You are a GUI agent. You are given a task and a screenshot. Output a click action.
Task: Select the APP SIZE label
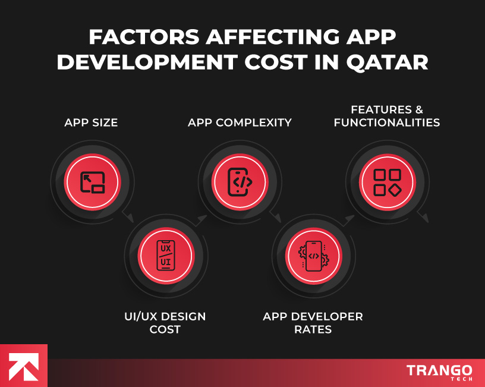click(x=91, y=123)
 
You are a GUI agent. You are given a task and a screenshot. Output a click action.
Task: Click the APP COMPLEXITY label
click(x=240, y=123)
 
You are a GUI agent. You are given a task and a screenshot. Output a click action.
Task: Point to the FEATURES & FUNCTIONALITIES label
click(x=386, y=117)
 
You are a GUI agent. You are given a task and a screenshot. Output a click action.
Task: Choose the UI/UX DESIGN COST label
click(x=165, y=322)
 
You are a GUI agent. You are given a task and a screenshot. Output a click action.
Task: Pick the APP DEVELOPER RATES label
click(x=313, y=322)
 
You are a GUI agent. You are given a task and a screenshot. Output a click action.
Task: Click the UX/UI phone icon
click(x=166, y=256)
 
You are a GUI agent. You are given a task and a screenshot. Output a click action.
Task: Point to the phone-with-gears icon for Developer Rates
click(x=313, y=256)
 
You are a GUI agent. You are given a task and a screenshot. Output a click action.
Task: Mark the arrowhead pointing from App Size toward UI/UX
click(x=130, y=219)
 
